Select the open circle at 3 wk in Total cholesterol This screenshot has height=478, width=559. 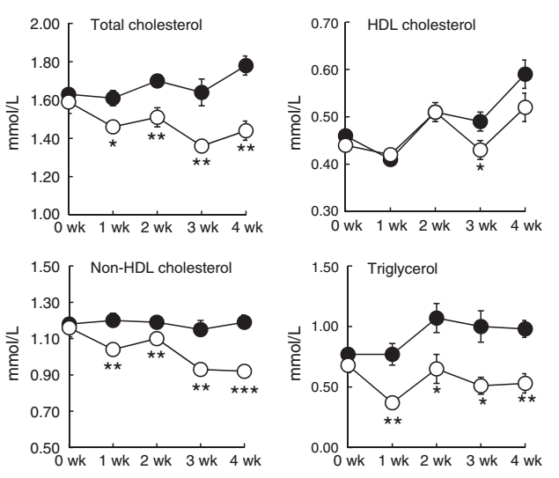tap(202, 146)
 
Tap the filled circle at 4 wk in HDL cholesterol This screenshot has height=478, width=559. tap(526, 74)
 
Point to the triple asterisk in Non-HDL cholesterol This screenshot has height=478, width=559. tap(246, 392)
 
